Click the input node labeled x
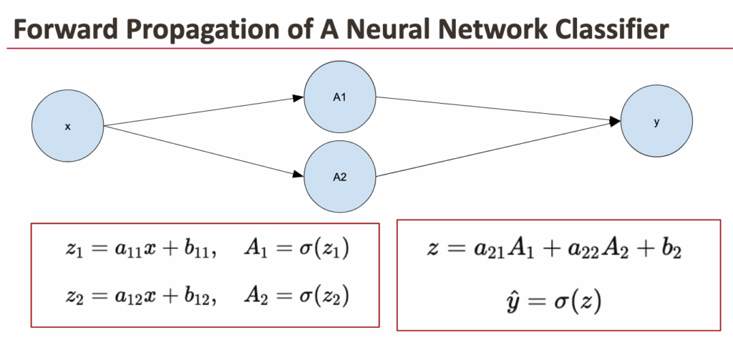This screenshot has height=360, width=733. pyautogui.click(x=68, y=127)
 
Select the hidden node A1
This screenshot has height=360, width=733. pyautogui.click(x=340, y=97)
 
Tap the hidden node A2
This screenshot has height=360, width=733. pyautogui.click(x=340, y=177)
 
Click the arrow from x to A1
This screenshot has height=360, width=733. pyautogui.click(x=204, y=112)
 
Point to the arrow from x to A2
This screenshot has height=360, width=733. pyautogui.click(x=204, y=149)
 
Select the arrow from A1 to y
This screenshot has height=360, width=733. pyautogui.click(x=497, y=110)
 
